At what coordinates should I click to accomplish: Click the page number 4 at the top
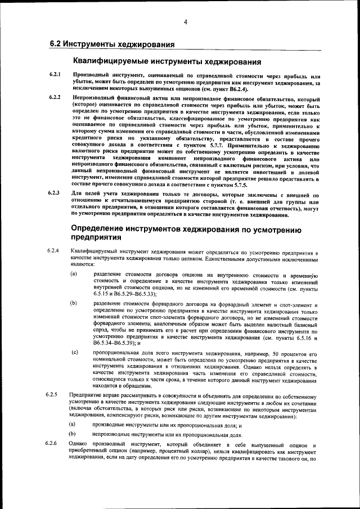click(184, 22)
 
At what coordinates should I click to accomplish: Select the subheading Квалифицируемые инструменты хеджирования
click(167, 61)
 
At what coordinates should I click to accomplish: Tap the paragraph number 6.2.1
click(55, 75)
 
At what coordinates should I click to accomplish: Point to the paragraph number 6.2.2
click(55, 98)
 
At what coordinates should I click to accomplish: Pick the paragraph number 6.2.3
click(55, 193)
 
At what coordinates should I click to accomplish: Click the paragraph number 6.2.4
click(53, 249)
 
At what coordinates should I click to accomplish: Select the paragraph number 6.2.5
click(53, 395)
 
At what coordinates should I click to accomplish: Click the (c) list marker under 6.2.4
click(74, 352)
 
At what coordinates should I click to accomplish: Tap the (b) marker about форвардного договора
click(74, 304)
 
